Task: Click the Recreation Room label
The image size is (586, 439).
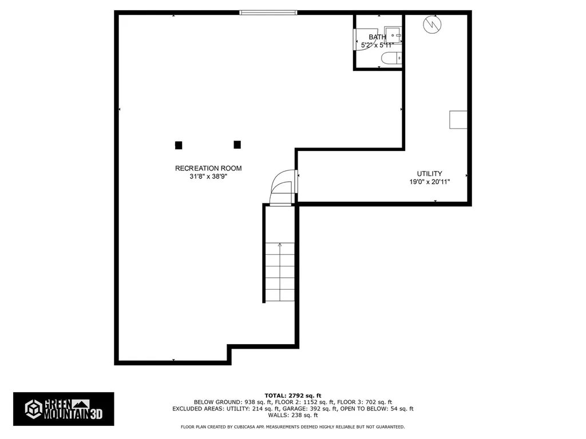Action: click(x=208, y=168)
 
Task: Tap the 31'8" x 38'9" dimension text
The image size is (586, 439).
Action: click(x=208, y=177)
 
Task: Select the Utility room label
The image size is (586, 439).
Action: click(x=429, y=174)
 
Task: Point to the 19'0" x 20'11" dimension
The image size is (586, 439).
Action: click(x=429, y=182)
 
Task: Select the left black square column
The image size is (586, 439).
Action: click(x=179, y=145)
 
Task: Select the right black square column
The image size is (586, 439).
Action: click(x=237, y=145)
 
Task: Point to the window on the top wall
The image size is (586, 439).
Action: click(x=268, y=13)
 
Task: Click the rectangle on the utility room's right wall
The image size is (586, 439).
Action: click(x=458, y=119)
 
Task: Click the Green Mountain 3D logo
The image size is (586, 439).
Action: click(x=64, y=409)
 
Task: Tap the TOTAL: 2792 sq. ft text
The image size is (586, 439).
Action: click(x=293, y=395)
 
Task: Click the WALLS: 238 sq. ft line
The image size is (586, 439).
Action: click(x=293, y=416)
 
